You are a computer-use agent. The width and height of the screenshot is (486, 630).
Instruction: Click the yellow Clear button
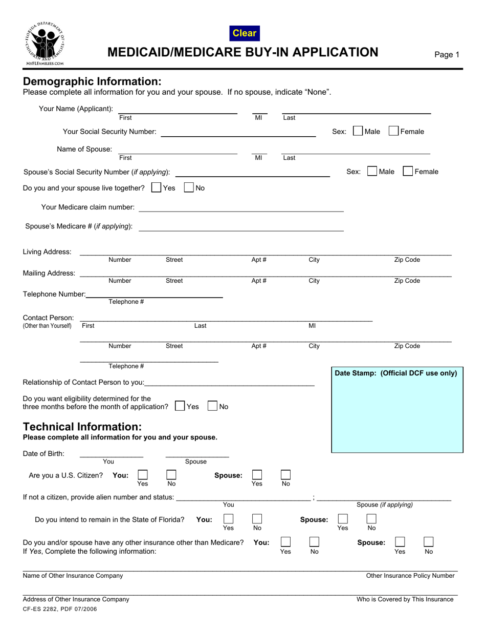pyautogui.click(x=245, y=33)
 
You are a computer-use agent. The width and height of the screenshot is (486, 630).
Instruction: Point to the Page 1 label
pyautogui.click(x=447, y=55)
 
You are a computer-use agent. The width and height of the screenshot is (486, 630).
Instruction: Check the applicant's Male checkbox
pyautogui.click(x=358, y=131)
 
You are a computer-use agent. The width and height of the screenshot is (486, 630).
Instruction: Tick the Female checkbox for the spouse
pyautogui.click(x=408, y=172)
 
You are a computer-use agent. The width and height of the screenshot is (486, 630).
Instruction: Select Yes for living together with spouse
pyautogui.click(x=157, y=188)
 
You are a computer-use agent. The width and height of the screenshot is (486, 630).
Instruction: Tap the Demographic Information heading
pyautogui.click(x=92, y=81)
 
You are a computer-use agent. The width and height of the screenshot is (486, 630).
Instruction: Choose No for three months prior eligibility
pyautogui.click(x=213, y=406)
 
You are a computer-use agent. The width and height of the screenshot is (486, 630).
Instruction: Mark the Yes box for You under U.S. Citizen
pyautogui.click(x=143, y=475)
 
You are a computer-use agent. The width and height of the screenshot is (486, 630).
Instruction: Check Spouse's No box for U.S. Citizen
pyautogui.click(x=286, y=475)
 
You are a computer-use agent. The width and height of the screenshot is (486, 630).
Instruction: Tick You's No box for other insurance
pyautogui.click(x=315, y=542)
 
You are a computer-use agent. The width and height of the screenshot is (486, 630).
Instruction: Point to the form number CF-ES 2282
pyautogui.click(x=59, y=609)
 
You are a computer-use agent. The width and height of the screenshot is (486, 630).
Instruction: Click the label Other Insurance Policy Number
pyautogui.click(x=410, y=576)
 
